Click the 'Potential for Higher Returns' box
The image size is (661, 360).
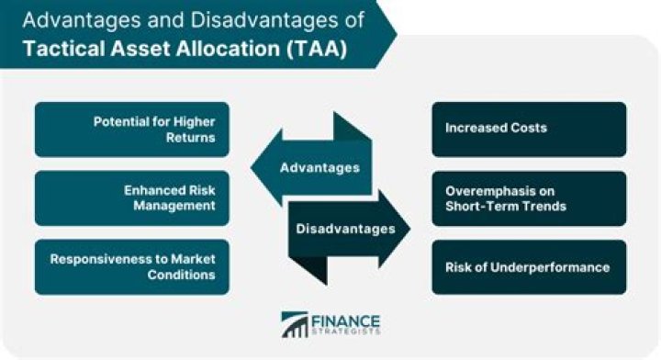point(131,129)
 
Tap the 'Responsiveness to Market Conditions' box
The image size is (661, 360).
point(131,266)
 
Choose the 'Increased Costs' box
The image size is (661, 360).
point(529,129)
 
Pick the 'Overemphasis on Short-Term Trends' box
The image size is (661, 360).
point(529,198)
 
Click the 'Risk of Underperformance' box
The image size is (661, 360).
point(529,267)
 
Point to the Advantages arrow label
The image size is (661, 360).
point(318,167)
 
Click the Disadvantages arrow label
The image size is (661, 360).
point(345,227)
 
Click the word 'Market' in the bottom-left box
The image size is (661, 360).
point(180,258)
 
